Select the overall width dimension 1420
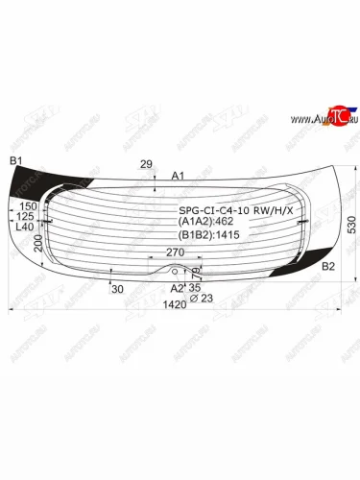click(175, 305)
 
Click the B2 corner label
click(327, 266)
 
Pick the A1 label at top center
click(177, 176)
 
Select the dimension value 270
click(175, 252)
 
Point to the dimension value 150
click(28, 206)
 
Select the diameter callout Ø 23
click(198, 296)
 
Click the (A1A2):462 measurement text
click(205, 222)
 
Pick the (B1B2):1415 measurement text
click(207, 234)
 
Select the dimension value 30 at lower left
click(118, 289)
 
